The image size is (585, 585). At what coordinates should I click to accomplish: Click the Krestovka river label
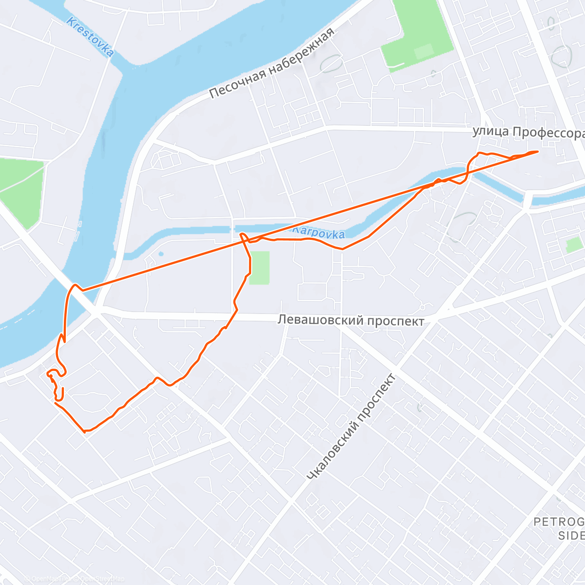tap(90, 37)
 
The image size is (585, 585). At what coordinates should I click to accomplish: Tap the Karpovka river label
tap(319, 232)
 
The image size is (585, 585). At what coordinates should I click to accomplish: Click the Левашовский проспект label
tap(351, 320)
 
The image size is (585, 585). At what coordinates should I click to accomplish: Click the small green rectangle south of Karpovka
tap(259, 268)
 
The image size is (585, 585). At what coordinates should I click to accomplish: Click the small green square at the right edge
tap(574, 245)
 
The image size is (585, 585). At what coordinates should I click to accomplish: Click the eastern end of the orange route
tap(538, 152)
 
